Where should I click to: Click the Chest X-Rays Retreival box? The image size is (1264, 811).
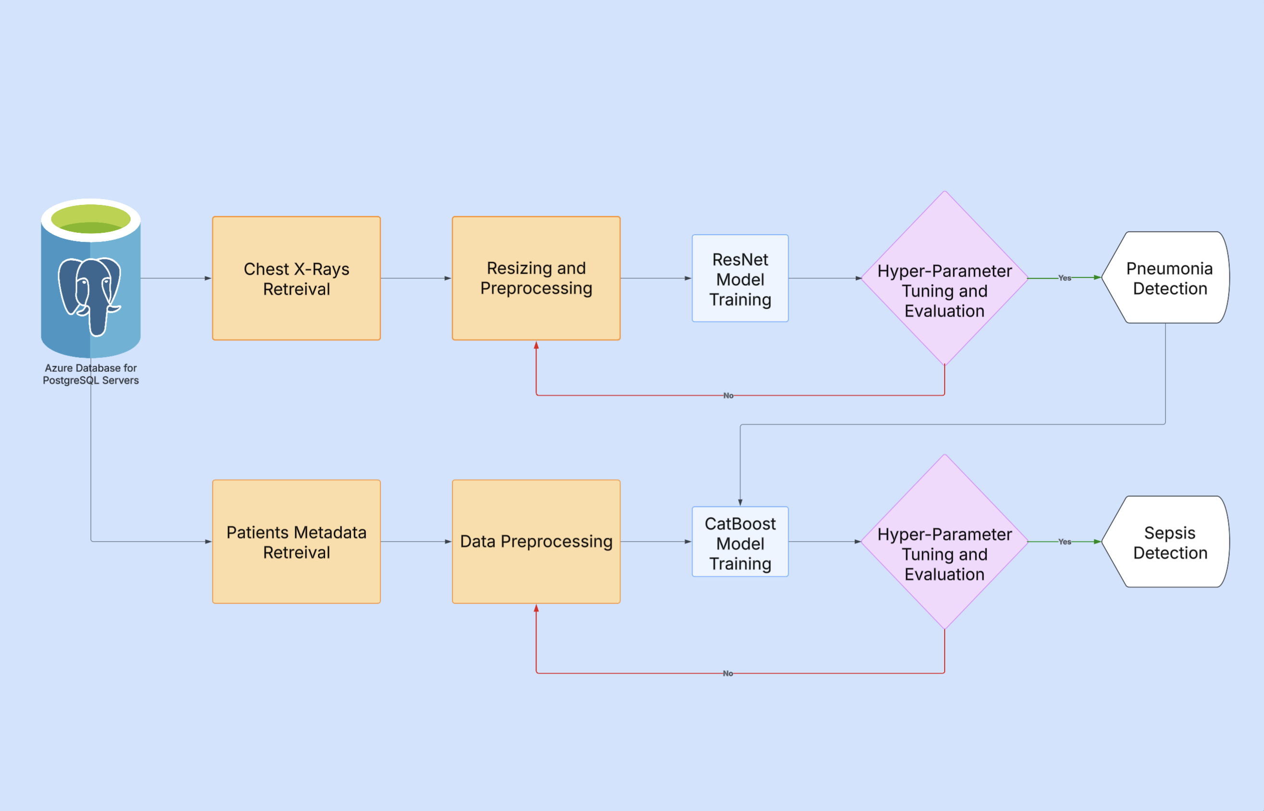pyautogui.click(x=296, y=278)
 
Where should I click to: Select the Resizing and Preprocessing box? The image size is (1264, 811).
pyautogui.click(x=536, y=278)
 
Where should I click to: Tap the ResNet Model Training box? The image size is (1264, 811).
pyautogui.click(x=740, y=278)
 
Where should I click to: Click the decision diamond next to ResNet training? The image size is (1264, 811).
pyautogui.click(x=945, y=278)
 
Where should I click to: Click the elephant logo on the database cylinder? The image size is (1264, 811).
pyautogui.click(x=89, y=295)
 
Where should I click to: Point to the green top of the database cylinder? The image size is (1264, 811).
pyautogui.click(x=90, y=219)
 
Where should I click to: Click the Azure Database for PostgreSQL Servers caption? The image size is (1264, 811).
pyautogui.click(x=90, y=374)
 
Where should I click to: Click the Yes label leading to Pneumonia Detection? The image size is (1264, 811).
pyautogui.click(x=1064, y=278)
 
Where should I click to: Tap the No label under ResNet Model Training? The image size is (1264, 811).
pyautogui.click(x=728, y=395)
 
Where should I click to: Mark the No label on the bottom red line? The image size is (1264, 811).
pyautogui.click(x=728, y=673)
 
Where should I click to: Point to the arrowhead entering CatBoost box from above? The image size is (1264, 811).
pyautogui.click(x=740, y=502)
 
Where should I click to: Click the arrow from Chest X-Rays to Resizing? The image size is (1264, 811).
pyautogui.click(x=416, y=278)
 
